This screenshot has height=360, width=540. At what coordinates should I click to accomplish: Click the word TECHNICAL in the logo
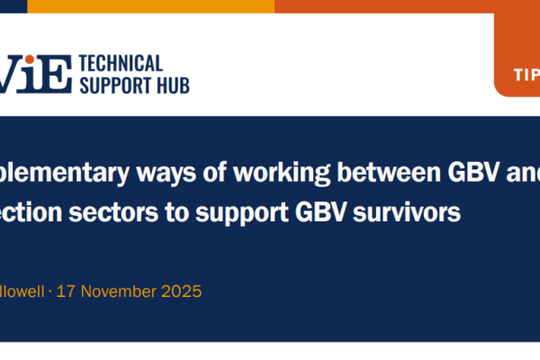(x=121, y=63)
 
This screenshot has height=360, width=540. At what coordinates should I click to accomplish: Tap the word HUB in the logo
(x=170, y=84)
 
